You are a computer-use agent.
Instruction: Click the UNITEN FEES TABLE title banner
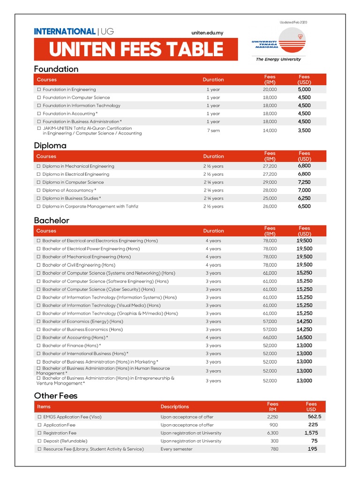[x=136, y=49]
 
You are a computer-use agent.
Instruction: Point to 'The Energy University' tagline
[x=278, y=60]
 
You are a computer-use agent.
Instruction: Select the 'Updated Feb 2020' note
[x=293, y=22]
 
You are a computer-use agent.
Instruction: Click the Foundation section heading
[x=56, y=69]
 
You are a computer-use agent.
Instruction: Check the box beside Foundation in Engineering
[x=39, y=90]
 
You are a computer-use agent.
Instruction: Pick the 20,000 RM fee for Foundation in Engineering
[x=270, y=90]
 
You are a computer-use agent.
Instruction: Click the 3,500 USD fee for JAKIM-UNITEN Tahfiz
[x=304, y=130]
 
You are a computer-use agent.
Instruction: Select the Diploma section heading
[x=50, y=145]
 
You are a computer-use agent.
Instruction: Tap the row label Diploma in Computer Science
[x=73, y=182]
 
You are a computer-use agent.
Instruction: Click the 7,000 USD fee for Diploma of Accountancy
[x=304, y=190]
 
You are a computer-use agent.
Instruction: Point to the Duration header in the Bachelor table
[x=213, y=231]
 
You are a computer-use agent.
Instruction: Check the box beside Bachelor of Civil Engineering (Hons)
[x=39, y=265]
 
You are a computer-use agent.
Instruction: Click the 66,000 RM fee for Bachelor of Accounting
[x=270, y=337]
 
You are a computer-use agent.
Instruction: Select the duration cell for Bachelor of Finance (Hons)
[x=213, y=345]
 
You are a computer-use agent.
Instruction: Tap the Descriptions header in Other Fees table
[x=175, y=407]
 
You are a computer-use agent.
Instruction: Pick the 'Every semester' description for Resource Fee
[x=176, y=449]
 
